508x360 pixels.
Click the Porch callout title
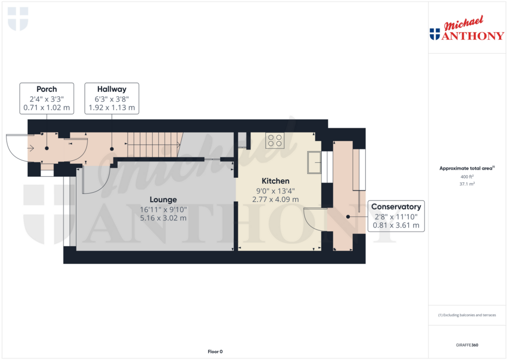click(47, 89)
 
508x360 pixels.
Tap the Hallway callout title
click(112, 89)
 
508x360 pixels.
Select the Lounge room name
click(163, 200)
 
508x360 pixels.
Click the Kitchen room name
click(275, 181)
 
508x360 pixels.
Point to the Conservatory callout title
click(396, 207)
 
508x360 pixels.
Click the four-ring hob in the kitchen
click(275, 141)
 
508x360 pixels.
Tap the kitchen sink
click(314, 162)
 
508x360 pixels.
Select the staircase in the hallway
click(154, 144)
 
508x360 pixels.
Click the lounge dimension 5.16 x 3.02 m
click(163, 217)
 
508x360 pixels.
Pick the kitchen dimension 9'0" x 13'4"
click(275, 190)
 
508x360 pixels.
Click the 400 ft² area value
click(467, 177)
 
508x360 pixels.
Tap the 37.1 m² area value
click(467, 184)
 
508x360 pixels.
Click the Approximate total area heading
click(466, 168)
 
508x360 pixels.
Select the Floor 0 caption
click(215, 352)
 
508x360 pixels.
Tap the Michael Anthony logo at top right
click(467, 30)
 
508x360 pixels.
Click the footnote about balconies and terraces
click(467, 315)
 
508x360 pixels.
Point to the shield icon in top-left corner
click(18, 19)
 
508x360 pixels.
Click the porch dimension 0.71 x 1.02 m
click(47, 107)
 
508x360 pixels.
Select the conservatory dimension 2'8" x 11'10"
click(396, 216)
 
